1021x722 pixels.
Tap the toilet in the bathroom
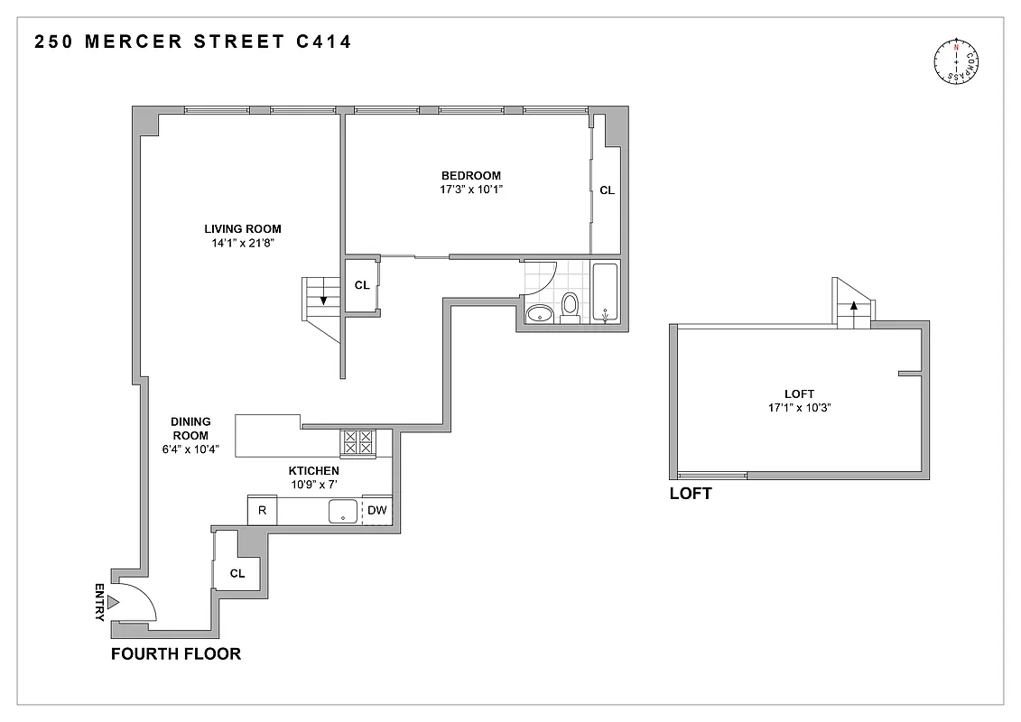(570, 306)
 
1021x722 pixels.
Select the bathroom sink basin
(539, 313)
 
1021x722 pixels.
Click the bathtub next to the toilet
(604, 293)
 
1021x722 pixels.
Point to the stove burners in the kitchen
(357, 442)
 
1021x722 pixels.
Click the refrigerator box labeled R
(262, 510)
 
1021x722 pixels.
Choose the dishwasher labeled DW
(377, 510)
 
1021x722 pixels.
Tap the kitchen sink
(343, 511)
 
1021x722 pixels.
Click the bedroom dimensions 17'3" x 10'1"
(470, 190)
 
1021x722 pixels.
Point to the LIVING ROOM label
(242, 229)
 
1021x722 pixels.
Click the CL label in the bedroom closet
(607, 190)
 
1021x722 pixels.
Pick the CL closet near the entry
(237, 573)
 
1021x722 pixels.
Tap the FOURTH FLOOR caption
(175, 653)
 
